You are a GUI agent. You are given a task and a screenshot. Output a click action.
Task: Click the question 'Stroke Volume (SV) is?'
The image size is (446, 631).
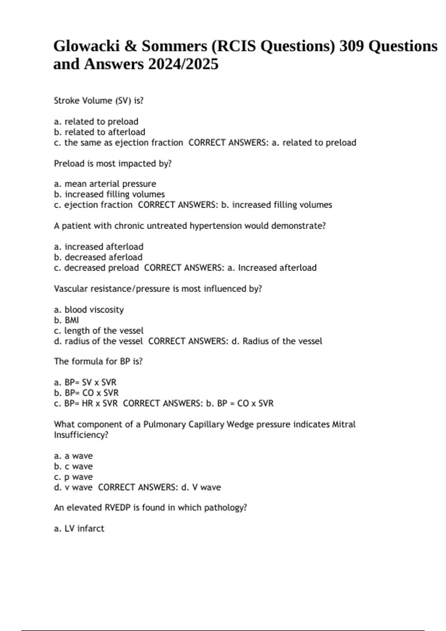(98, 101)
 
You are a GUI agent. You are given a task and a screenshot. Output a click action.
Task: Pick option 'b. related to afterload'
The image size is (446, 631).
(100, 132)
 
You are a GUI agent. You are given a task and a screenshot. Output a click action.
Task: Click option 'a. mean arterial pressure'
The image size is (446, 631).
(105, 184)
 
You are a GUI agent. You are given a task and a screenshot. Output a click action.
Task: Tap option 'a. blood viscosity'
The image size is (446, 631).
(89, 310)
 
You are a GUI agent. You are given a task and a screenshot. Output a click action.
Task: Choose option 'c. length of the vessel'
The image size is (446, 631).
(98, 330)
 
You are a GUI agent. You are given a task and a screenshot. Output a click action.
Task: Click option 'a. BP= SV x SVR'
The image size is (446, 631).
(85, 382)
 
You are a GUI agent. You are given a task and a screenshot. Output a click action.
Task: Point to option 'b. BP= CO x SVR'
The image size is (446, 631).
(86, 393)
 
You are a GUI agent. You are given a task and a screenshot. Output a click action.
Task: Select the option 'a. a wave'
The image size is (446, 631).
(73, 456)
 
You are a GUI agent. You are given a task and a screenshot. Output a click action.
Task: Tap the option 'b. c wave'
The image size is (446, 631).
(73, 466)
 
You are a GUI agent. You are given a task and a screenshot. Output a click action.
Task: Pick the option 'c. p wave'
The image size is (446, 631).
(73, 477)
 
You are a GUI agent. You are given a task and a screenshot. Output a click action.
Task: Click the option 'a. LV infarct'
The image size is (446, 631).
(79, 529)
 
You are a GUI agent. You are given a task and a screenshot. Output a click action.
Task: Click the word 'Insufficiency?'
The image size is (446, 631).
(81, 435)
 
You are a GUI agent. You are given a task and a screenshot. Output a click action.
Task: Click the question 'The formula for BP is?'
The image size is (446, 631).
(98, 362)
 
